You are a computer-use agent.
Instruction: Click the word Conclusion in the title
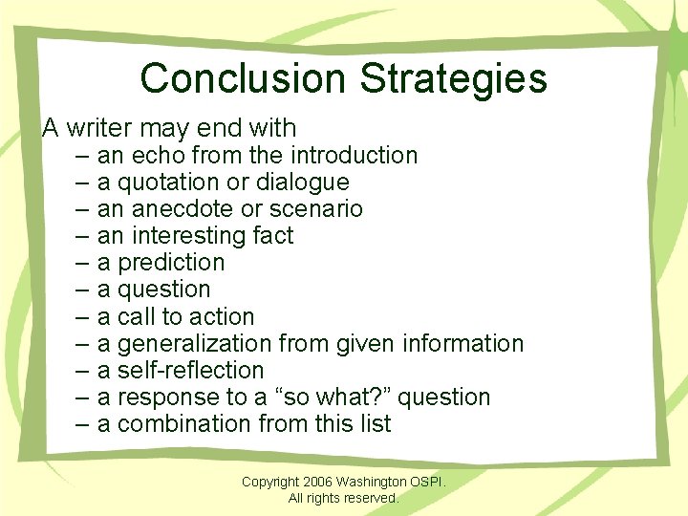245,78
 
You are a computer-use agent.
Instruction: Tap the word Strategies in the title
454,78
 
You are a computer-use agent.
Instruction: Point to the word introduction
354,155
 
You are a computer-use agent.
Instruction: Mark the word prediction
171,262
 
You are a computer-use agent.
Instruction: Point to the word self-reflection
190,370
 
